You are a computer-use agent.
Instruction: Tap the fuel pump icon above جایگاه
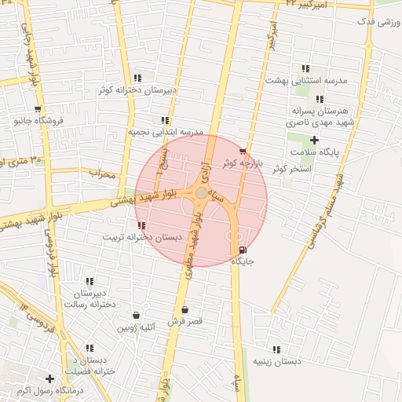point(240,250)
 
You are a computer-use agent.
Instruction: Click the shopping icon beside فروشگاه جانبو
point(37,109)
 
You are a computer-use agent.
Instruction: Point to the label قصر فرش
point(185,321)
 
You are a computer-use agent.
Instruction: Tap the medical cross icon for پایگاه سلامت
point(314,140)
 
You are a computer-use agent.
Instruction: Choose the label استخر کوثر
point(291,169)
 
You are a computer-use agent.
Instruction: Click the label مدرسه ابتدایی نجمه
point(166,132)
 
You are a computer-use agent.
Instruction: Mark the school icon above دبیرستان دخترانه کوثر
point(138,78)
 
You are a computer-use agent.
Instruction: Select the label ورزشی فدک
point(377,21)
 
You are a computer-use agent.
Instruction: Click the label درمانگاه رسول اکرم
point(27,390)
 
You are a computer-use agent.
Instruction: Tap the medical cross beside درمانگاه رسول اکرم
point(49,378)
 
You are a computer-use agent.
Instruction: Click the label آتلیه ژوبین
point(137,326)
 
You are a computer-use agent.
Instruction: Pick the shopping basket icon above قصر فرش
point(185,310)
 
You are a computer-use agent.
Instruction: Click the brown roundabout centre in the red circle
point(202,192)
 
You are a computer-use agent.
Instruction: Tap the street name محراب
point(102,174)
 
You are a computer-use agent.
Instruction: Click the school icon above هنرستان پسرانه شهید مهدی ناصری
point(320,99)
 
